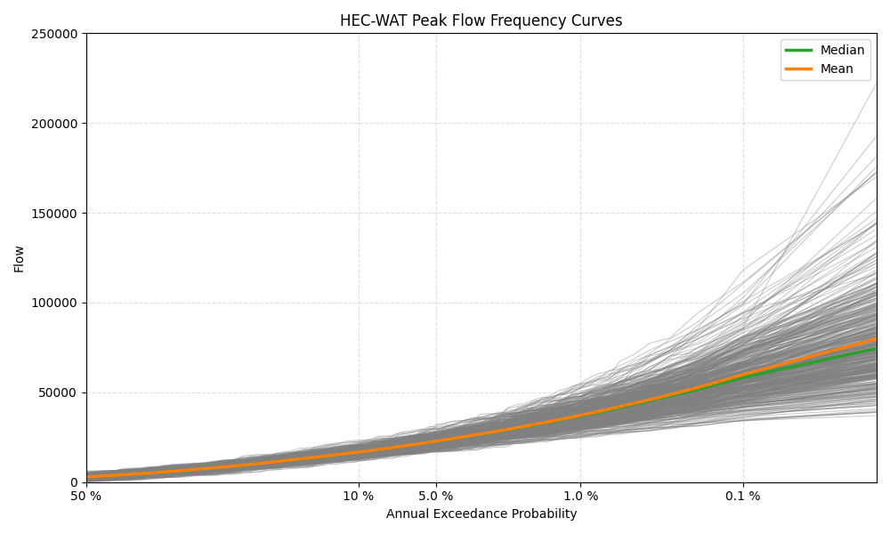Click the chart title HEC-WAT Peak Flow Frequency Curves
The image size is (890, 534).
pyautogui.click(x=481, y=20)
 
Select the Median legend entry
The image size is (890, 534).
pyautogui.click(x=842, y=51)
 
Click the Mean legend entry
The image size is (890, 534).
pyautogui.click(x=836, y=69)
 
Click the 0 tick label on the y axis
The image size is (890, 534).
pyautogui.click(x=75, y=482)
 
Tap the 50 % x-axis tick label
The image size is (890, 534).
pyautogui.click(x=86, y=497)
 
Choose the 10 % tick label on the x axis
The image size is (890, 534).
pyautogui.click(x=359, y=497)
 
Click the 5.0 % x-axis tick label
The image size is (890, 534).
pyautogui.click(x=435, y=497)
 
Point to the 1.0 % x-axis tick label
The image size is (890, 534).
pyautogui.click(x=580, y=497)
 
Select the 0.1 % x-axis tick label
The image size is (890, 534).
pyautogui.click(x=743, y=497)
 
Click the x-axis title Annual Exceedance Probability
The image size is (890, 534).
pyautogui.click(x=481, y=514)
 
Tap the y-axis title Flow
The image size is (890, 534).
pyautogui.click(x=20, y=258)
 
